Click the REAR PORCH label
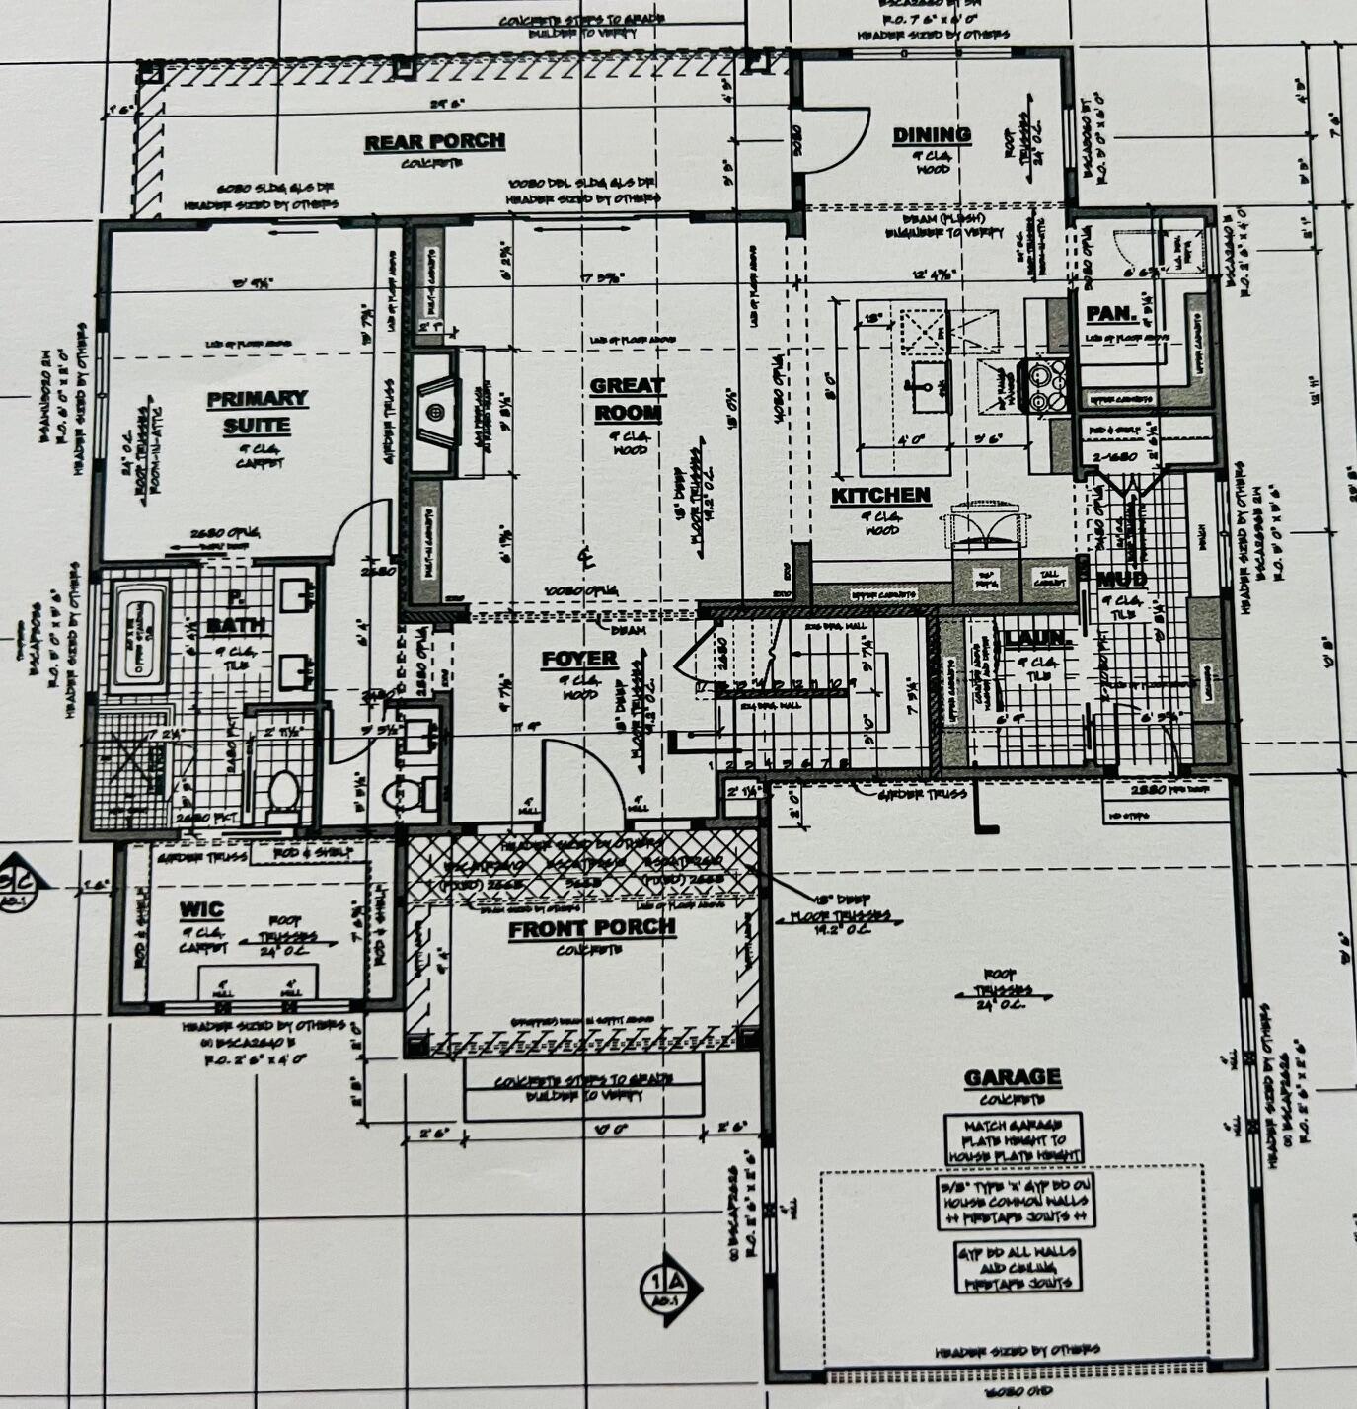[434, 142]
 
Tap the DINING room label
[931, 135]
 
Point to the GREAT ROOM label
[628, 399]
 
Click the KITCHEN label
[880, 496]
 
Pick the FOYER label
[579, 659]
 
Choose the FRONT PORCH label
[592, 928]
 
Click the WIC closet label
[201, 909]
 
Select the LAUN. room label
[1033, 639]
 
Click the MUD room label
[1121, 580]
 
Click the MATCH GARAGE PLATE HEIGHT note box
[1013, 1139]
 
